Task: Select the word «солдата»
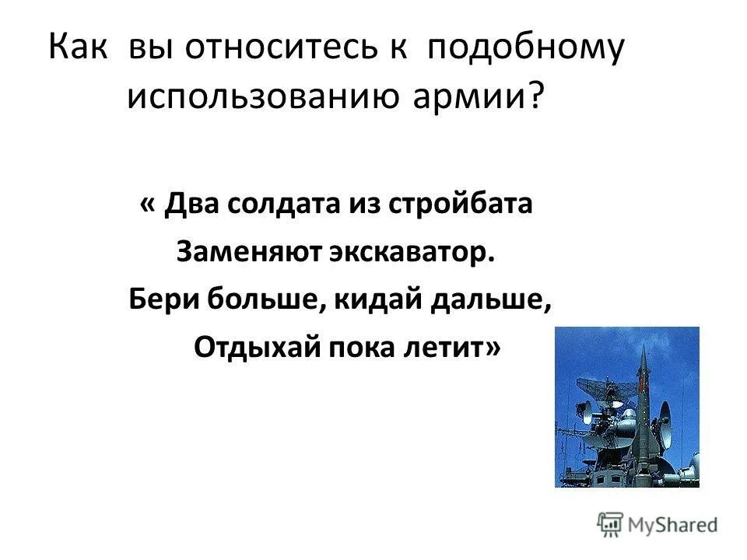(x=281, y=205)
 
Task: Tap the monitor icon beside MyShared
(x=610, y=523)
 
